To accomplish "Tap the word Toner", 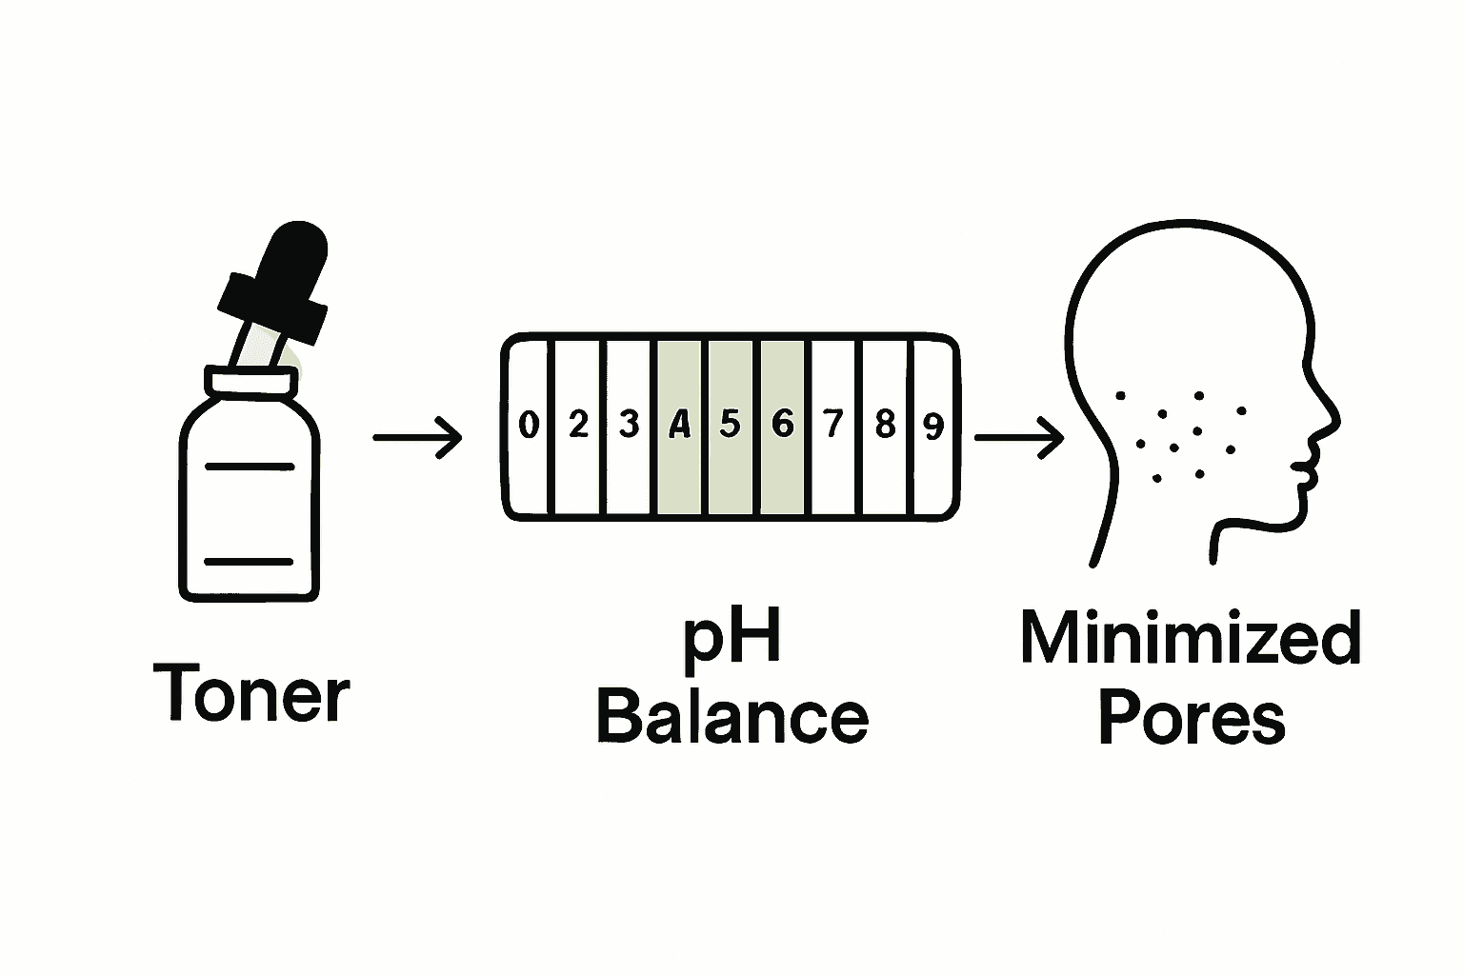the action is click(251, 693).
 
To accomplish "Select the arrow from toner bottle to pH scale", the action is click(417, 438).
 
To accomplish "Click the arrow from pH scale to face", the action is click(1019, 438).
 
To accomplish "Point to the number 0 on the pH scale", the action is click(529, 425).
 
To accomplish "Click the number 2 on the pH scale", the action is click(579, 425).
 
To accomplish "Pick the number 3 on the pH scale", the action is click(629, 425).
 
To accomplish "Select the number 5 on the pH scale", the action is click(731, 425).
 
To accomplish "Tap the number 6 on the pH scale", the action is click(782, 425).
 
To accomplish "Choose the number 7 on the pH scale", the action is click(832, 425).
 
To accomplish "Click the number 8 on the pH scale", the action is click(885, 425).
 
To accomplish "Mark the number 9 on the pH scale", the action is click(933, 427).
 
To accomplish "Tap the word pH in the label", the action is click(731, 644).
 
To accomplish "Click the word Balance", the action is click(732, 717).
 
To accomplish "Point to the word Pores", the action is click(1192, 718).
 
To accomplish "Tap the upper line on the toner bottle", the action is click(250, 467).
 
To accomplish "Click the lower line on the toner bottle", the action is click(249, 562).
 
